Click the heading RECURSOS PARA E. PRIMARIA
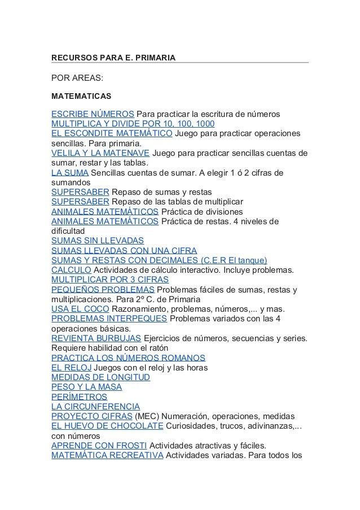(113, 58)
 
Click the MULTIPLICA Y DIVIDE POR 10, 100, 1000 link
(133, 124)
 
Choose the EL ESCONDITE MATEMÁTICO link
(112, 134)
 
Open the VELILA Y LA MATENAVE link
(100, 153)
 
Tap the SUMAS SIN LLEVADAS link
(98, 240)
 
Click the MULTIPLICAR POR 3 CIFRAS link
(110, 279)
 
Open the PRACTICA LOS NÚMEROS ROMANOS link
(128, 358)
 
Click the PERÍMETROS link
(78, 396)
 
